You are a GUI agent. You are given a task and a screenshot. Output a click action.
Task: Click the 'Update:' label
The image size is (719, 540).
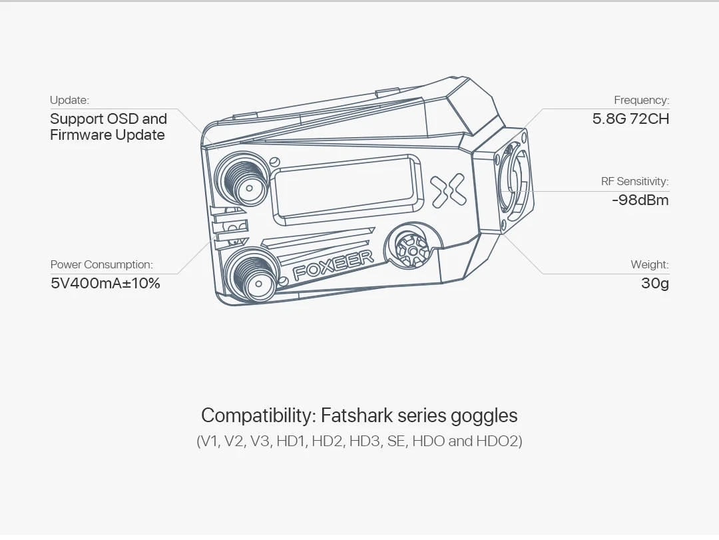pos(69,101)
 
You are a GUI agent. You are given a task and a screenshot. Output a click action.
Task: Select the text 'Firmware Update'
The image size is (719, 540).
pos(107,135)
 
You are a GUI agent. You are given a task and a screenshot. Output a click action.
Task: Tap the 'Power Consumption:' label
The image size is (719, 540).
pos(102,265)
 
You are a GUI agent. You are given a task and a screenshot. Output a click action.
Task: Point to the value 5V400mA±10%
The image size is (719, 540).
pos(105,284)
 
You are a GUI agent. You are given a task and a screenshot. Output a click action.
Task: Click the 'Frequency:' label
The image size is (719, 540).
pos(641,101)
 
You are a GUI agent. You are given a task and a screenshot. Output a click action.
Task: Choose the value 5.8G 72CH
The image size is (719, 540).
pos(630,119)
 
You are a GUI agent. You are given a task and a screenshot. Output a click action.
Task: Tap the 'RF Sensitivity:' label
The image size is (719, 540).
pos(634,182)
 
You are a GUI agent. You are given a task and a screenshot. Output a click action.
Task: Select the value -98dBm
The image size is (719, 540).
pos(640,200)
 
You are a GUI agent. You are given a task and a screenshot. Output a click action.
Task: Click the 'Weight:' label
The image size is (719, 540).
pos(649,265)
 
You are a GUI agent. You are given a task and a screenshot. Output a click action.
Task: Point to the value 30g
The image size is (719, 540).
pos(654,284)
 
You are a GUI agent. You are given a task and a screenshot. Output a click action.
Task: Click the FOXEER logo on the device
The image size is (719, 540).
pos(334,265)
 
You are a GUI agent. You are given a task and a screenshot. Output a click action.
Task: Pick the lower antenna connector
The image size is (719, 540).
pos(250,276)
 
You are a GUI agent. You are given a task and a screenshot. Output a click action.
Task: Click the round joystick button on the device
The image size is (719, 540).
pos(413,249)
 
